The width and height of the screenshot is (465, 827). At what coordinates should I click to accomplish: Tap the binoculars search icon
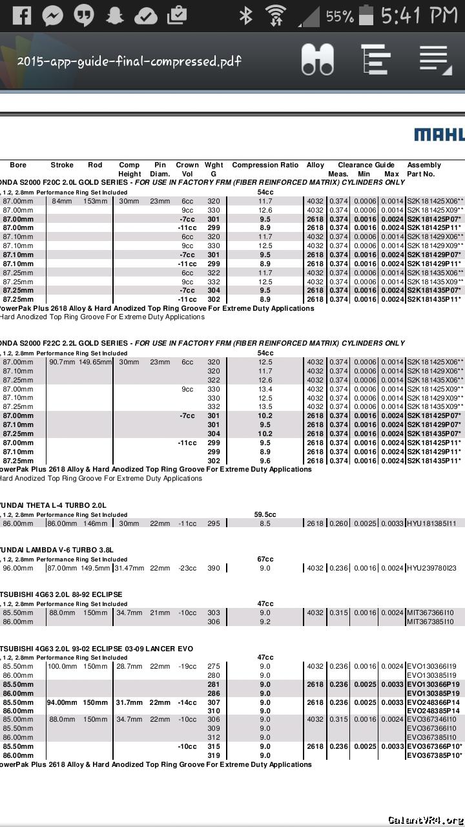(x=317, y=59)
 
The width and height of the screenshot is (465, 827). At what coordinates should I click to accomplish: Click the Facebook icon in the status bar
(x=21, y=16)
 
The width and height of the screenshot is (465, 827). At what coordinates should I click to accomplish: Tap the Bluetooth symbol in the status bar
(x=245, y=16)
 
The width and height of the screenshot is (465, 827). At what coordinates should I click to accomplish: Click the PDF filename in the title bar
(x=129, y=61)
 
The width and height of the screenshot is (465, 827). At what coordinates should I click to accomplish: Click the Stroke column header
(x=62, y=165)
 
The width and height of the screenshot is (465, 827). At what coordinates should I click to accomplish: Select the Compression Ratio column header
(x=265, y=165)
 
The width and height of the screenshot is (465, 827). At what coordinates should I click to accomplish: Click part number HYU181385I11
(x=431, y=523)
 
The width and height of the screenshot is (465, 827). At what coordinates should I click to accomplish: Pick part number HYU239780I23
(x=431, y=569)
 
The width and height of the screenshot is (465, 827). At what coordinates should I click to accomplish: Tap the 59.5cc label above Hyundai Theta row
(x=265, y=515)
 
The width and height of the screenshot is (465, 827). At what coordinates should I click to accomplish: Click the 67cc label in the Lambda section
(x=265, y=560)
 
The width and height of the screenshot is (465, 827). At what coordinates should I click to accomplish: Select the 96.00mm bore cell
(x=18, y=569)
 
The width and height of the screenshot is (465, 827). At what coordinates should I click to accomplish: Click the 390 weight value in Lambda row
(x=213, y=569)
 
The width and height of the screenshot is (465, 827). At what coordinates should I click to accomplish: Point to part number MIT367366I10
(x=430, y=613)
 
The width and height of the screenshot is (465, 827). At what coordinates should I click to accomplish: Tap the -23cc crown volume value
(x=187, y=569)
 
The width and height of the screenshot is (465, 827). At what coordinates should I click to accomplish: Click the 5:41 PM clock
(x=420, y=16)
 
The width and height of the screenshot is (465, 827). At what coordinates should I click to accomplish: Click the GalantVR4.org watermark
(x=424, y=820)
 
